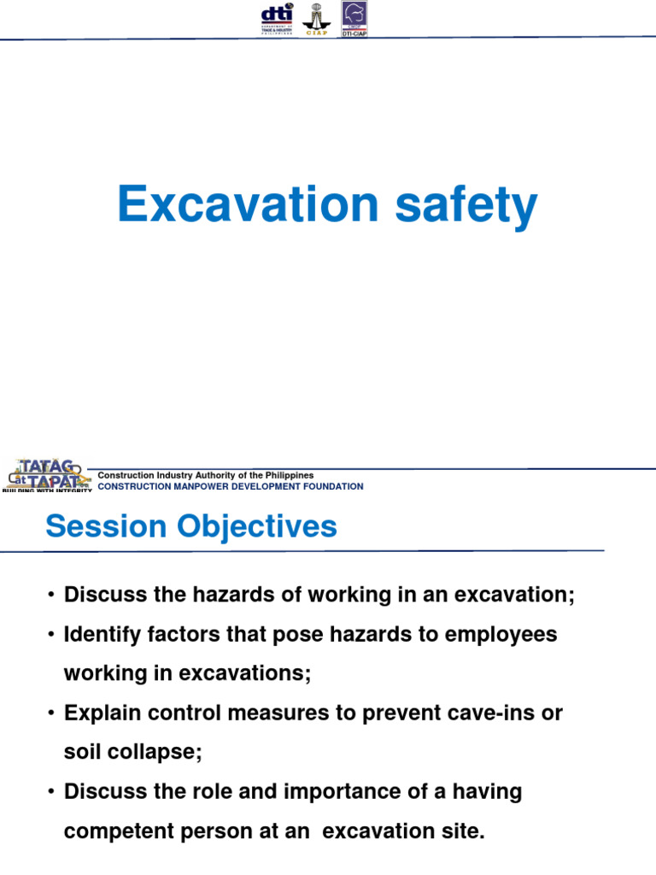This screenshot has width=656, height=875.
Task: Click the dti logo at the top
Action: [x=277, y=18]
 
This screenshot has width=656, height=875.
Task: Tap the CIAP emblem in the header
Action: [x=315, y=18]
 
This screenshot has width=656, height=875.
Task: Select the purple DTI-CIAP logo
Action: [x=354, y=18]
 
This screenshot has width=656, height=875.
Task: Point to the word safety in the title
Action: [x=465, y=205]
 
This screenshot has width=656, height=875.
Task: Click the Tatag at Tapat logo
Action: [x=45, y=475]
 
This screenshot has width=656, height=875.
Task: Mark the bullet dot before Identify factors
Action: [x=52, y=635]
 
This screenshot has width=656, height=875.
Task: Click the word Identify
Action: [x=100, y=634]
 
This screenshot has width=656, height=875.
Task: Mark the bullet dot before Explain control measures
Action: [x=52, y=714]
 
